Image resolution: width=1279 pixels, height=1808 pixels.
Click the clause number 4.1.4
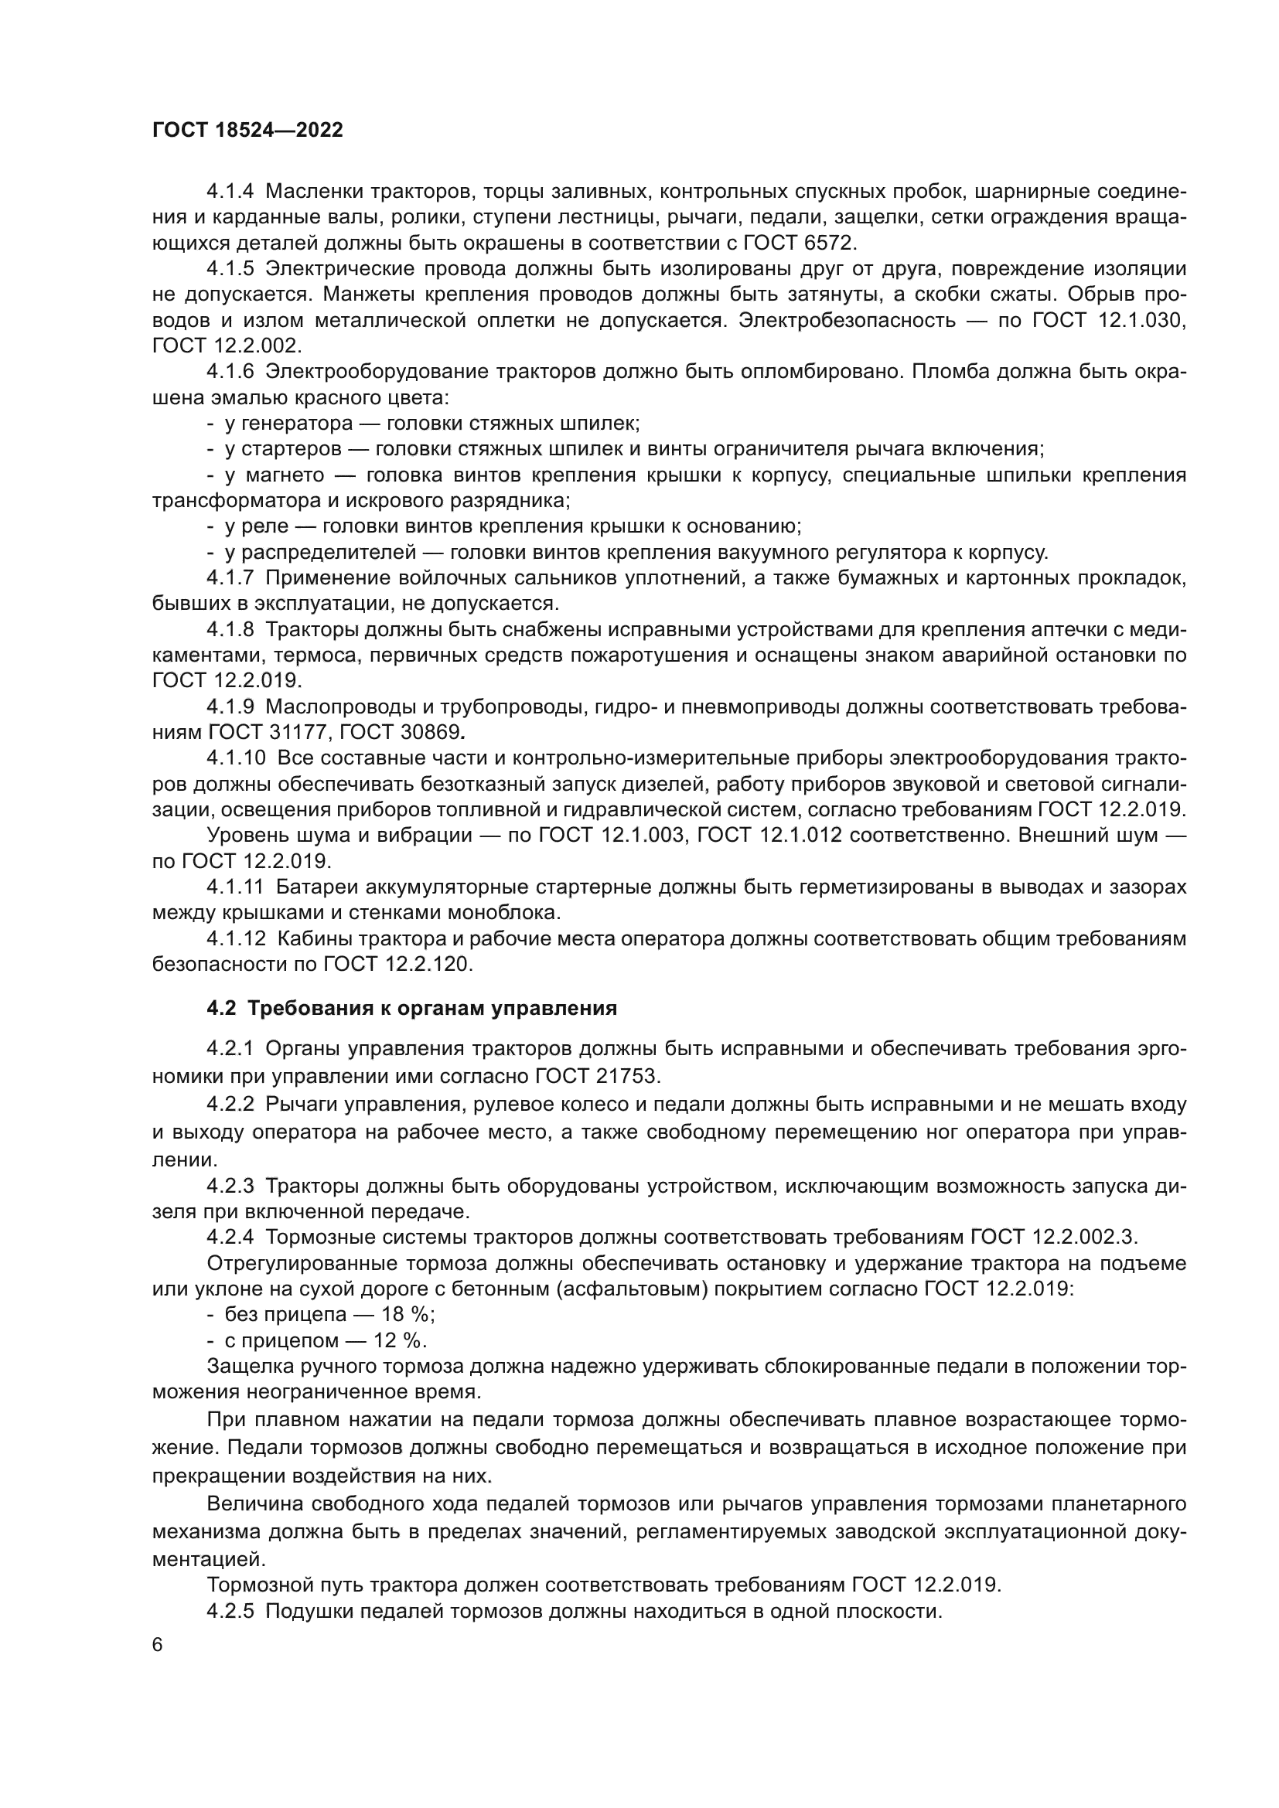coord(230,192)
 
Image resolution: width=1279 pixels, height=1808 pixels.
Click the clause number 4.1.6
coord(230,372)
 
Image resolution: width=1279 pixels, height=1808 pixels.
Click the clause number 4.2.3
coord(230,1186)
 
